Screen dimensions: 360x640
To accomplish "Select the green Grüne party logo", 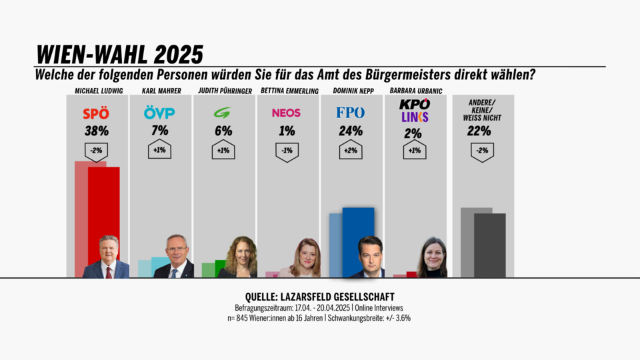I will point(222,113).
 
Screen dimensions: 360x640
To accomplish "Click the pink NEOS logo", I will point(286,113).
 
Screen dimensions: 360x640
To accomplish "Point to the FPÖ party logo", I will point(350,113).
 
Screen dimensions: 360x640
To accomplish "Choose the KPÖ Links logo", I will point(414,111).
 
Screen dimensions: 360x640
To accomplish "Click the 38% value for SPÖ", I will point(97,131).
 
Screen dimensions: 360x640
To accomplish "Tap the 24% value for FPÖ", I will point(350,131).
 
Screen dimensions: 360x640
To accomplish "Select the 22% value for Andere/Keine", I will point(482,131).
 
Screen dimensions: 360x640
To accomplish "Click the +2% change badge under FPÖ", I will point(350,151).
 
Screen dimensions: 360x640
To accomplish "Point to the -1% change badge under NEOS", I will point(286,151).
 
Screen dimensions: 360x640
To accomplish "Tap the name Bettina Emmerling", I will point(286,91).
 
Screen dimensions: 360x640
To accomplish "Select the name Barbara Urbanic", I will point(416,91).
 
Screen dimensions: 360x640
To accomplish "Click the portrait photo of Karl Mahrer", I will point(175,257).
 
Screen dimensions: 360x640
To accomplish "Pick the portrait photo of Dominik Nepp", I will point(368,257).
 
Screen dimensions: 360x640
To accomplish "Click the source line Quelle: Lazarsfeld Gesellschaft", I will point(320,297).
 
